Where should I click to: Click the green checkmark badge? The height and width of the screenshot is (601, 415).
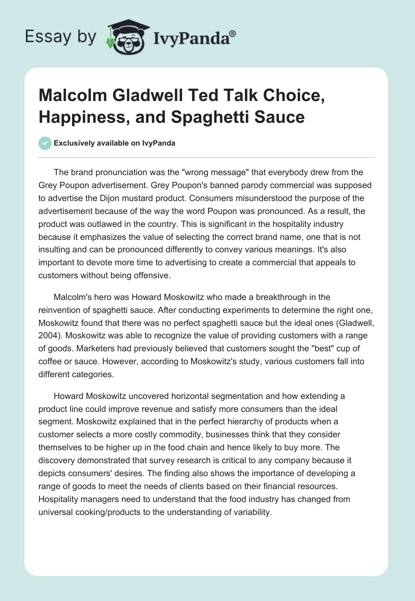click(45, 143)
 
